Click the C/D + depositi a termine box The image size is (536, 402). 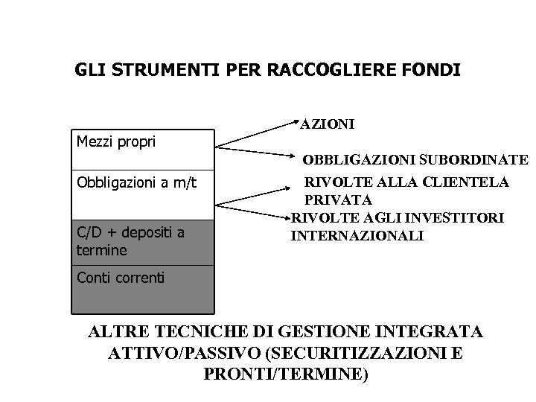coord(142,242)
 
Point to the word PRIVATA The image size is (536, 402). coord(339,200)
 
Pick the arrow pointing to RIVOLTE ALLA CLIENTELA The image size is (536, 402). coord(257,191)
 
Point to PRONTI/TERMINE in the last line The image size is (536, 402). coord(285,374)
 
